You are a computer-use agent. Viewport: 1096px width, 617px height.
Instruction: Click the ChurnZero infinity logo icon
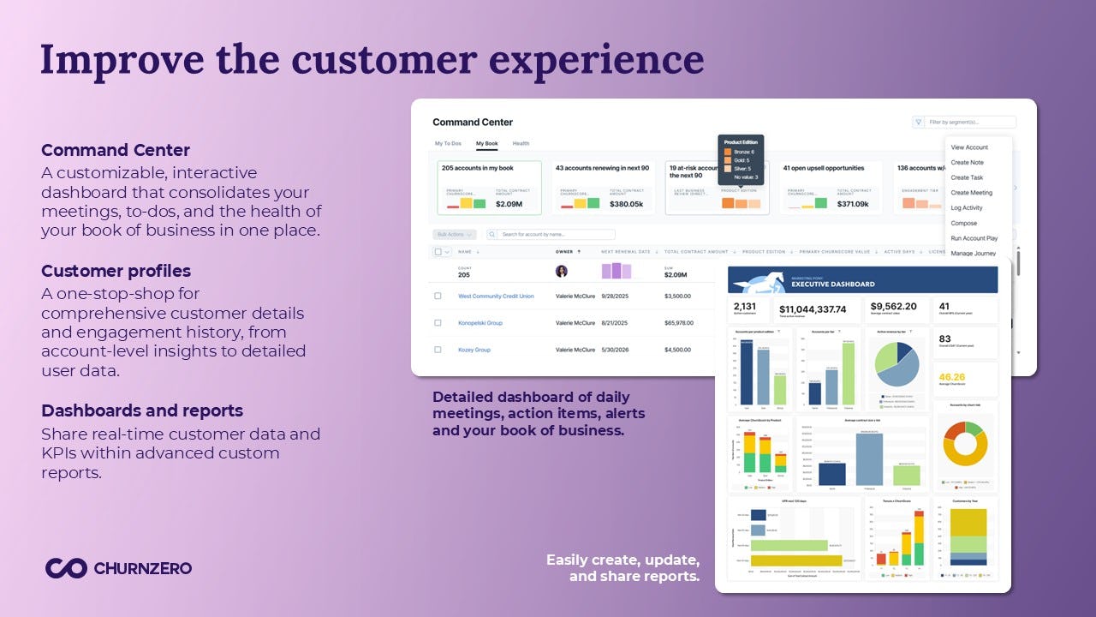[66, 568]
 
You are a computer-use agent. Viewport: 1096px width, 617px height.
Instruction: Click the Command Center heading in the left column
[116, 151]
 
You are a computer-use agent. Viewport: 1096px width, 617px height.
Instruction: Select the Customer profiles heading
[116, 271]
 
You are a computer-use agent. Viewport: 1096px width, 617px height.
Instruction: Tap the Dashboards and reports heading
[142, 410]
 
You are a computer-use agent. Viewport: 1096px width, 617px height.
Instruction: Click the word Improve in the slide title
[122, 59]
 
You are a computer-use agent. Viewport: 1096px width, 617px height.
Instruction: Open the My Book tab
[486, 144]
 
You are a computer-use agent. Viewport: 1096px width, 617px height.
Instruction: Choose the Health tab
[521, 144]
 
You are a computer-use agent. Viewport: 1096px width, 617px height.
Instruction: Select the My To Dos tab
[448, 144]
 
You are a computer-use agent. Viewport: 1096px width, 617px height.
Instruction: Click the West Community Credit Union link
[496, 296]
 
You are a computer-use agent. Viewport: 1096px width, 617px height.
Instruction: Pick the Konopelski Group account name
[480, 323]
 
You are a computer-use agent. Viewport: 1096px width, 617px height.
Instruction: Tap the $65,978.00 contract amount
[678, 323]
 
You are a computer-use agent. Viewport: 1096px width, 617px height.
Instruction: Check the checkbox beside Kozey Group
[438, 350]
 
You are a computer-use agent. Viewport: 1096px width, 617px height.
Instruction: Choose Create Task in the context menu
[967, 177]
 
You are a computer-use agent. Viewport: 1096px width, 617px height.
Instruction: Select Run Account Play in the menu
[974, 238]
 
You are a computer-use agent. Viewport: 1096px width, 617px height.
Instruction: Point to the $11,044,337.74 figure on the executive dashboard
[812, 308]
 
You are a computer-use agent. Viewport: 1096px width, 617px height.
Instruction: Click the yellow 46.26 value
[951, 376]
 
